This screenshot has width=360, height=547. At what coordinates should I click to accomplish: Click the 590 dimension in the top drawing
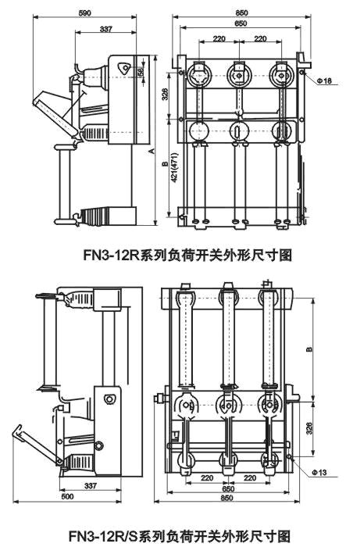[x=86, y=13]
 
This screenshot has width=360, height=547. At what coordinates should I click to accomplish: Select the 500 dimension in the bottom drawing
[x=68, y=497]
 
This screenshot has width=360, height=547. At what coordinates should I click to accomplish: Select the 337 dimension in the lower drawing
[x=112, y=485]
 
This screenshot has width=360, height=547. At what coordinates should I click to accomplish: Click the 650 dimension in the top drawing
[x=243, y=24]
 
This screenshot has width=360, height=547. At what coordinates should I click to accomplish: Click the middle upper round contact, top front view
[x=239, y=77]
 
